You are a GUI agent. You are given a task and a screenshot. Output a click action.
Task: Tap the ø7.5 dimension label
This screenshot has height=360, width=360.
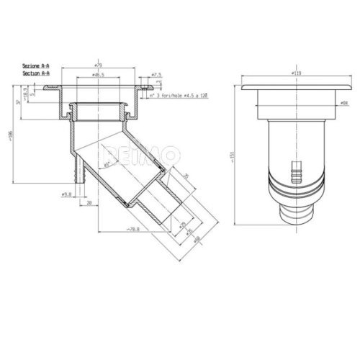click(x=157, y=74)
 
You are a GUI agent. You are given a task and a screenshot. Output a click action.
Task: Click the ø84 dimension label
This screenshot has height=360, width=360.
click(x=344, y=103)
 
